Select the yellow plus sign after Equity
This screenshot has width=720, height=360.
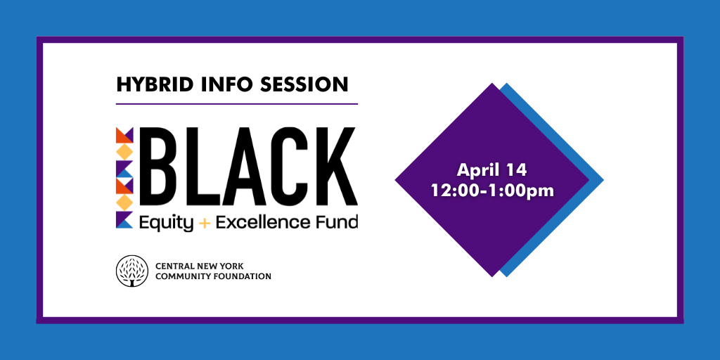click(205, 224)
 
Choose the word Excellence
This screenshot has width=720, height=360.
click(264, 223)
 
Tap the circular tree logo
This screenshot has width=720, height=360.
click(132, 271)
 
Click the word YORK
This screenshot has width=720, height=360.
click(233, 266)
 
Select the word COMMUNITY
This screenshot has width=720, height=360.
click(181, 277)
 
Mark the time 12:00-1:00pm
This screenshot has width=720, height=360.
click(491, 190)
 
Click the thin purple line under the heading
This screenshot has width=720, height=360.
click(236, 104)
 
